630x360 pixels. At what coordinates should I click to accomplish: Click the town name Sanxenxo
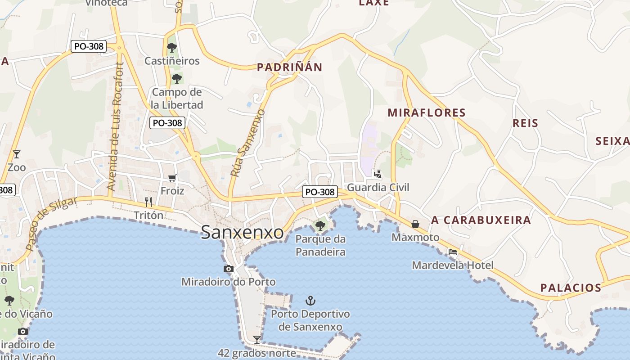click(242, 232)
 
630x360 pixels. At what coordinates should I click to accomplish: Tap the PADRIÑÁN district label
click(289, 67)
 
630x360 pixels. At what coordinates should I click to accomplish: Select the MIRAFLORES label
click(426, 112)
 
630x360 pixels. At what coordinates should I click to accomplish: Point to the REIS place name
click(525, 123)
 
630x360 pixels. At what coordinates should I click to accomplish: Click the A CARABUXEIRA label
click(481, 220)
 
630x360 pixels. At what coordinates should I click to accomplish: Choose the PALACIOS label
click(571, 288)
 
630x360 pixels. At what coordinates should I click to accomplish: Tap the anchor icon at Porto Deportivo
click(310, 300)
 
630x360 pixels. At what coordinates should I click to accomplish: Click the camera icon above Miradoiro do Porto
click(229, 269)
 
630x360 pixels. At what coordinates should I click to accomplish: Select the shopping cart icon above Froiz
click(172, 178)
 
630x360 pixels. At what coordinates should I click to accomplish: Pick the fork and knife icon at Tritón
click(148, 202)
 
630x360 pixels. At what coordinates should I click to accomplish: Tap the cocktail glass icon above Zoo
click(17, 154)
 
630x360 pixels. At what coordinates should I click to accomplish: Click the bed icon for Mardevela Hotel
click(453, 252)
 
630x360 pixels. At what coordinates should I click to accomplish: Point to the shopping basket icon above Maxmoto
click(415, 224)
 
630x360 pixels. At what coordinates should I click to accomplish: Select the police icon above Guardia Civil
click(378, 174)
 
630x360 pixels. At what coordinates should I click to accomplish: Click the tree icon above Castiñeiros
click(171, 47)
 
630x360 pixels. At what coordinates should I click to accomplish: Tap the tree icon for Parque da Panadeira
click(320, 225)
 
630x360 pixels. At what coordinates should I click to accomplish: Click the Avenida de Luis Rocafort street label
click(115, 126)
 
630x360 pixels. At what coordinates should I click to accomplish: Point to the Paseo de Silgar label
click(51, 223)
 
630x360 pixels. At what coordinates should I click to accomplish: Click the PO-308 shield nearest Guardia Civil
click(320, 192)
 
